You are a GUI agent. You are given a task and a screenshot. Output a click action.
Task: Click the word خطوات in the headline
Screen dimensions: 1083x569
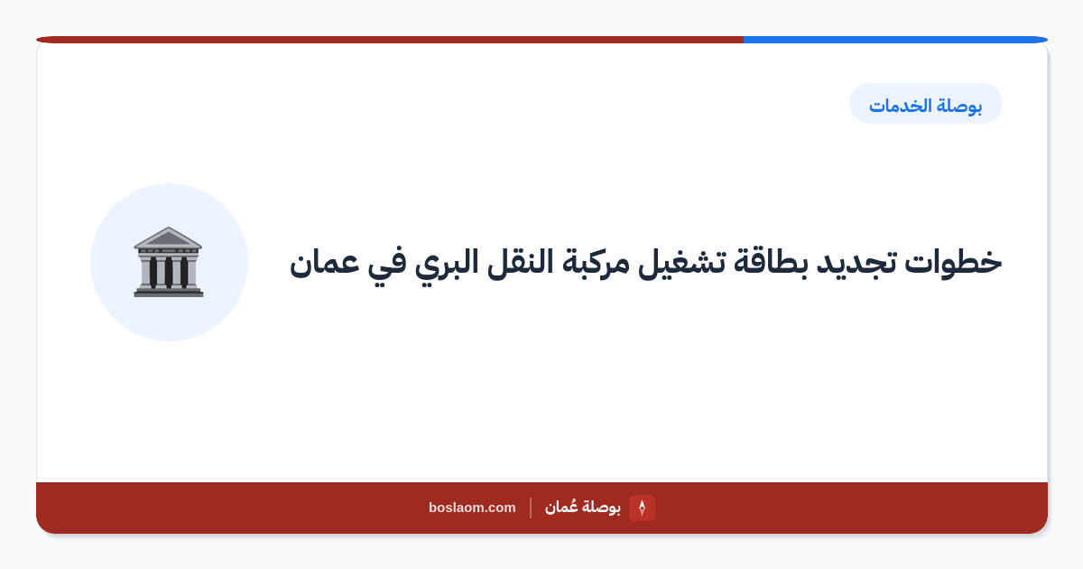click(953, 262)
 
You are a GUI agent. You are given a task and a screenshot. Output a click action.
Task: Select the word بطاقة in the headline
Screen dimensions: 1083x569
click(772, 262)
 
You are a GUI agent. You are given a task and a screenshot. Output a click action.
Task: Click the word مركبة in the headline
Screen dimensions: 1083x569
click(596, 262)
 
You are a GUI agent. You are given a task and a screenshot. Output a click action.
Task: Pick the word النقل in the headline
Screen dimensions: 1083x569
click(520, 262)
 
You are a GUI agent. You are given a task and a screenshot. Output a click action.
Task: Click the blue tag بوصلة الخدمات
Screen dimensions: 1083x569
click(926, 104)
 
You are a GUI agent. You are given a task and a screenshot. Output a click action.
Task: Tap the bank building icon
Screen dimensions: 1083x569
click(169, 262)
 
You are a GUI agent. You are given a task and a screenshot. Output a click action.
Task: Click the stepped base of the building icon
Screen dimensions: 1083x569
click(169, 292)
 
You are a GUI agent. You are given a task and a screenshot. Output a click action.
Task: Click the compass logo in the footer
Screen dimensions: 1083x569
click(642, 508)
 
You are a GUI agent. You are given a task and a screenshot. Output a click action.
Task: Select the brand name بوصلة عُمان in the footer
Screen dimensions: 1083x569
click(583, 507)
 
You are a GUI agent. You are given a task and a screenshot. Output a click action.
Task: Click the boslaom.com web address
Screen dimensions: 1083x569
click(472, 508)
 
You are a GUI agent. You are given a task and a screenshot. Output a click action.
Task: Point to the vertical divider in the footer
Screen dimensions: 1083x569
click(531, 508)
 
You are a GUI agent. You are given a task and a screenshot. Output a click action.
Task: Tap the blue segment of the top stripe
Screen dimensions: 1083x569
click(895, 40)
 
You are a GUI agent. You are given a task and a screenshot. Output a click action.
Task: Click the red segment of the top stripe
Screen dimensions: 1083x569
click(390, 40)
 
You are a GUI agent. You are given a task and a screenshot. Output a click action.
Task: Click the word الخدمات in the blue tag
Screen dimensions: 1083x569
click(901, 105)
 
